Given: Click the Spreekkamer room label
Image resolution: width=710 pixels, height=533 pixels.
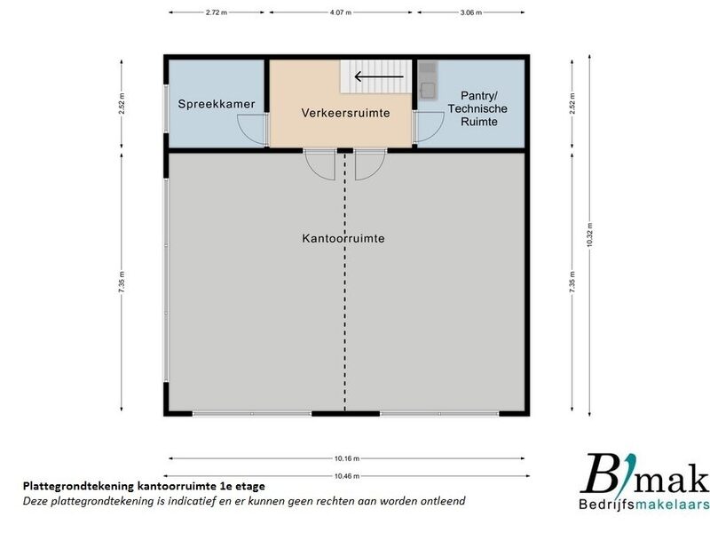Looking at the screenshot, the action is coord(217,104).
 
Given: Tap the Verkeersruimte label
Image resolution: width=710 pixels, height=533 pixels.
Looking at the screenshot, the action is coord(345,113).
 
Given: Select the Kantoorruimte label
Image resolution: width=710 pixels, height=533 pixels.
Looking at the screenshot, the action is coord(343,238).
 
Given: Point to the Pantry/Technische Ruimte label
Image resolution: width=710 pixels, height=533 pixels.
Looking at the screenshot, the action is coord(477,108).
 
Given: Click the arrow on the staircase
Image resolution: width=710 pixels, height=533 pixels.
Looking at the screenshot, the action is coord(379,76).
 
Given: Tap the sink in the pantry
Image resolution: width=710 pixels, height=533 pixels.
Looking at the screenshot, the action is coord(428,91).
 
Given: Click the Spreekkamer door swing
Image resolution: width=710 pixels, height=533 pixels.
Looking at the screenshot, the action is coord(251,130).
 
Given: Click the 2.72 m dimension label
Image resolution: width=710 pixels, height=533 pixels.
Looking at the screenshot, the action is coord(216,12).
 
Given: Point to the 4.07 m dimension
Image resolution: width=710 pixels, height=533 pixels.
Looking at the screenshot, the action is coord(341,12).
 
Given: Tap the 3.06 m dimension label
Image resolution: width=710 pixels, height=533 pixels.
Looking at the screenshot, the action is coord(471,12).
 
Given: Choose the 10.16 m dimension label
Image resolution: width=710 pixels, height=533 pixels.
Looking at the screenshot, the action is coord(347,458).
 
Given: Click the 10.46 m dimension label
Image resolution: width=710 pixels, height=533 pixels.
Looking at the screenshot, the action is coord(347,476).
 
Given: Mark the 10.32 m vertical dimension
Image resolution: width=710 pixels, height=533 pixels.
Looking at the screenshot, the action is coord(589,235).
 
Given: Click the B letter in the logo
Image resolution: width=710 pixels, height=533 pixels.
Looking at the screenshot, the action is coord(600,473).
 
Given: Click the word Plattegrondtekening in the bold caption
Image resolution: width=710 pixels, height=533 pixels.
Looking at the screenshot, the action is coord(78,487).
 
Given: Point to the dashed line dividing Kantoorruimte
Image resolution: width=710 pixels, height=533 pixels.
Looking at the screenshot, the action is coord(345,282).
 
